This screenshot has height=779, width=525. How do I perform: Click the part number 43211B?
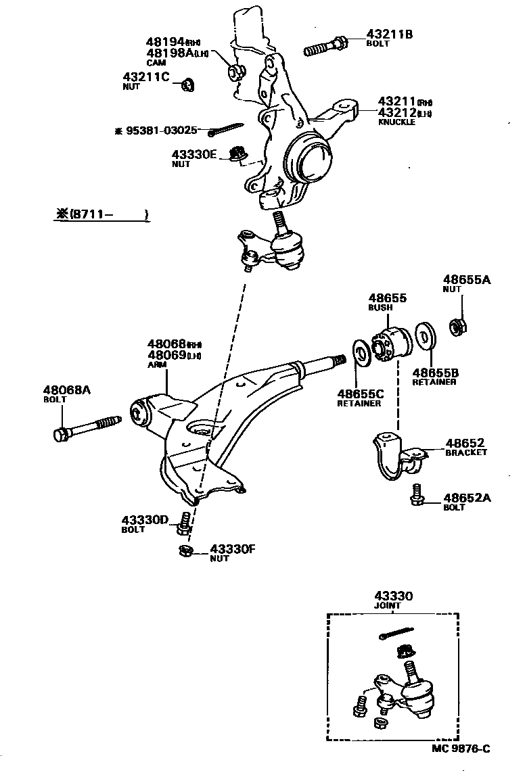[389, 34]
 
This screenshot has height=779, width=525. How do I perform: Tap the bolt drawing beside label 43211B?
[326, 48]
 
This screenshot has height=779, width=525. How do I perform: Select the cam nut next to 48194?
[237, 70]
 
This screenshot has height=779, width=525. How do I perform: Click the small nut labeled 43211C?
[188, 85]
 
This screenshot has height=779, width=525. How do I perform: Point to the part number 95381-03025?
[161, 131]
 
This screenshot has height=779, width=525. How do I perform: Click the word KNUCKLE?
[396, 122]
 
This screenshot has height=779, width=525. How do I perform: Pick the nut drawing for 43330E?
[237, 154]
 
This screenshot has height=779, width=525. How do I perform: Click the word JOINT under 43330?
[388, 606]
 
